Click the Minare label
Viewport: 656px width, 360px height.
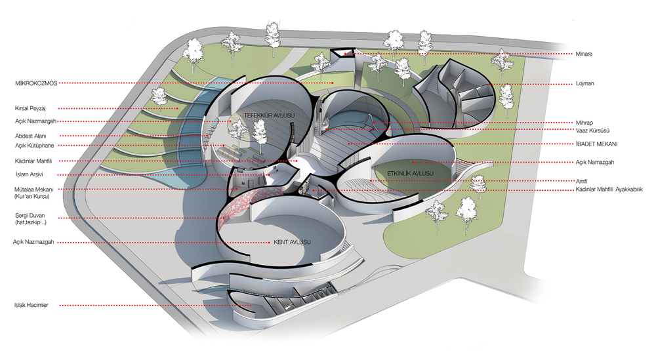coord(584,54)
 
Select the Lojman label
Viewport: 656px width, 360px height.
coord(585,83)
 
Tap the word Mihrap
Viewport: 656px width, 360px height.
coord(584,123)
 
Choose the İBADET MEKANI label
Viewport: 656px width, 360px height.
coord(596,144)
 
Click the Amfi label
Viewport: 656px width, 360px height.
coord(581,181)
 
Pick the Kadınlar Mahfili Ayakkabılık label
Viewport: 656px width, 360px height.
coord(609,190)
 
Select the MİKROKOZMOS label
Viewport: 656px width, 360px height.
coord(36,83)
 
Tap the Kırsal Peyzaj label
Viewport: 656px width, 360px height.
coord(30,108)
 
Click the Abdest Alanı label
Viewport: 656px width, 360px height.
coord(31,136)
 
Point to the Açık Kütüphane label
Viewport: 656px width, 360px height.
coord(35,146)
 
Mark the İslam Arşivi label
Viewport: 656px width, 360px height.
coord(29,174)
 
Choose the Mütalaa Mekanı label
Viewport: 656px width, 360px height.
coord(33,190)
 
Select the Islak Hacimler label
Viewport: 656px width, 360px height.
coord(31,305)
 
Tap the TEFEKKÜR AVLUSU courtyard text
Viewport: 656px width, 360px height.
coord(270,115)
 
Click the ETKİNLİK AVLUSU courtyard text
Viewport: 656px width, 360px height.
coord(410,173)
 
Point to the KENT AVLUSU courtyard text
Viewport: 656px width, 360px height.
coord(292,242)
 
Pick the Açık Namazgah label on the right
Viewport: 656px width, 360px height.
coord(595,162)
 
